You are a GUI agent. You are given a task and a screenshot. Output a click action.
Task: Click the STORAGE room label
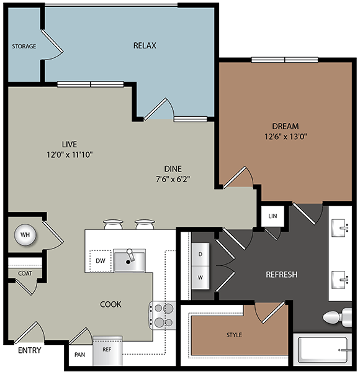(24, 47)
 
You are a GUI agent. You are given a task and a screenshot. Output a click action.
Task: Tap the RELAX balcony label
(144, 45)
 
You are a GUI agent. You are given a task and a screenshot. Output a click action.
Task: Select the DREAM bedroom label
(285, 126)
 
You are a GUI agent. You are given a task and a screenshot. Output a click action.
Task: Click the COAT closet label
(25, 273)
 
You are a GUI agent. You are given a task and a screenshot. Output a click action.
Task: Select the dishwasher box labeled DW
(100, 261)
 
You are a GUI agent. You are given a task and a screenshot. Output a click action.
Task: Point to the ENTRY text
(29, 351)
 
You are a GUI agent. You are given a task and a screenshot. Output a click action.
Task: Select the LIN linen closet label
(272, 216)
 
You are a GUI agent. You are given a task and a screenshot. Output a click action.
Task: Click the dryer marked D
(200, 253)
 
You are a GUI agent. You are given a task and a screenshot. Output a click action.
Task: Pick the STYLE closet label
(234, 335)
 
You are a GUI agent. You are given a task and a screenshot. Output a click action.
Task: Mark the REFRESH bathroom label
(282, 274)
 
